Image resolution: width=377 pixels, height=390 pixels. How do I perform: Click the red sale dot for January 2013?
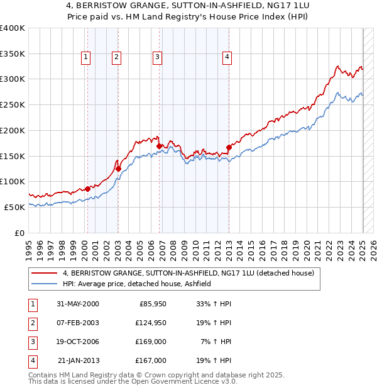pyautogui.click(x=229, y=147)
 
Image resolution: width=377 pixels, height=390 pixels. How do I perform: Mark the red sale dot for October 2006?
pyautogui.click(x=159, y=146)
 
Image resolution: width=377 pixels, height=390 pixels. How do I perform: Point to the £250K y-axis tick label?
pyautogui.click(x=12, y=104)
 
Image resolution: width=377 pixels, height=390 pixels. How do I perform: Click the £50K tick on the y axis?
pyautogui.click(x=14, y=207)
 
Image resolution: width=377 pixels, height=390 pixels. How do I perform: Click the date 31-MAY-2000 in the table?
pyautogui.click(x=78, y=304)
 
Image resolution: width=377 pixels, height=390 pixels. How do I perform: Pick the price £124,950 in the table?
pyautogui.click(x=151, y=323)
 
